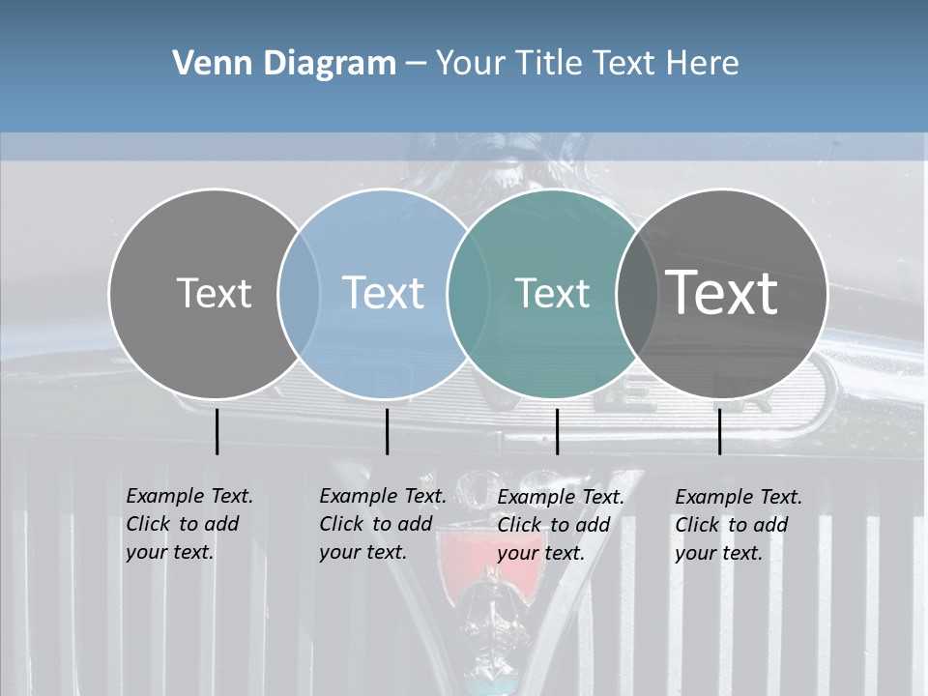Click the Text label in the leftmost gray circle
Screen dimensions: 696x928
214,293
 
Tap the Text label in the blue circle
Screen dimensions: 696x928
384,293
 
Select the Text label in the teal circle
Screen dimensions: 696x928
552,293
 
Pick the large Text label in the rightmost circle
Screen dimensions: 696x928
722,292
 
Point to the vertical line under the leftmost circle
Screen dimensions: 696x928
217,431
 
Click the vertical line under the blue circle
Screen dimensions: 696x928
387,431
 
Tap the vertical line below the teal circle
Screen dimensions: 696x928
557,431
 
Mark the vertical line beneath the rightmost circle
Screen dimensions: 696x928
719,431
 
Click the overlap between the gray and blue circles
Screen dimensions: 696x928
299,293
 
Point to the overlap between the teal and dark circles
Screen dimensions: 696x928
633,293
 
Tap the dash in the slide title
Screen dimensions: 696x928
416,65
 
